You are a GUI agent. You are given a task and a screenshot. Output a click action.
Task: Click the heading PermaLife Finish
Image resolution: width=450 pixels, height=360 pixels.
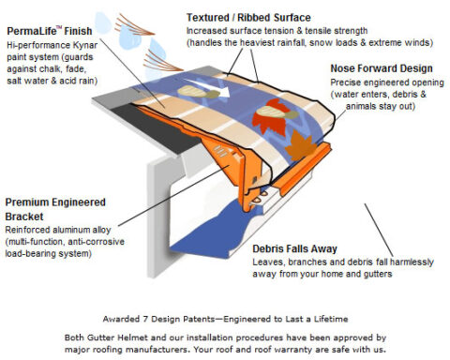tap(47, 30)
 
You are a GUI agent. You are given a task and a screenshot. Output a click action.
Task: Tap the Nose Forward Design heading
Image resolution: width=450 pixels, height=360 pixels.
tap(381, 68)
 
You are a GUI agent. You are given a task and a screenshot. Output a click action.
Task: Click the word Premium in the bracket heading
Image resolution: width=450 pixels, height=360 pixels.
tap(28, 202)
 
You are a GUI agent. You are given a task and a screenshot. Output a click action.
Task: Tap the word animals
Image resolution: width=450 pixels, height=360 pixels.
tap(352, 106)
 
